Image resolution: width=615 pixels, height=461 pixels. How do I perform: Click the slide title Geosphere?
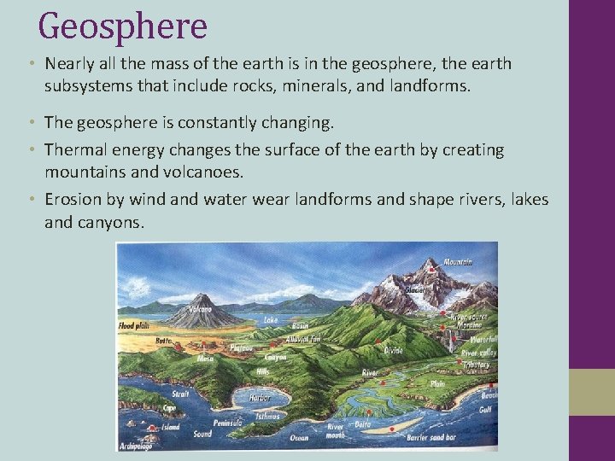pos(123,26)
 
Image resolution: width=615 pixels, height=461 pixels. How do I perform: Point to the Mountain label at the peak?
pos(457,262)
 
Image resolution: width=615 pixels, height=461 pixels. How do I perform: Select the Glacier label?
pos(416,289)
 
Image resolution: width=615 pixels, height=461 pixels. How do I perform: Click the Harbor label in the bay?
pos(260,398)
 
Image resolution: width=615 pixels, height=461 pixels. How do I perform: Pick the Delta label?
pos(363,423)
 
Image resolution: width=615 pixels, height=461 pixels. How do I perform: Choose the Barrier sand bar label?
pos(430,437)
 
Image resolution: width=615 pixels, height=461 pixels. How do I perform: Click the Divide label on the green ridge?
pos(394,350)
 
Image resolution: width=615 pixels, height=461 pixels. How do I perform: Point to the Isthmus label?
pos(269,417)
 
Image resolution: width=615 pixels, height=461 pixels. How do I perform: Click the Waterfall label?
pos(480,338)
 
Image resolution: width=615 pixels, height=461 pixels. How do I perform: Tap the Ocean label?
pos(298,438)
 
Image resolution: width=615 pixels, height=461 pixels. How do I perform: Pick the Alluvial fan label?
pos(304,339)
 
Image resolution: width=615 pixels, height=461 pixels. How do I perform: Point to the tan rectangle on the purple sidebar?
pos(592,393)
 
